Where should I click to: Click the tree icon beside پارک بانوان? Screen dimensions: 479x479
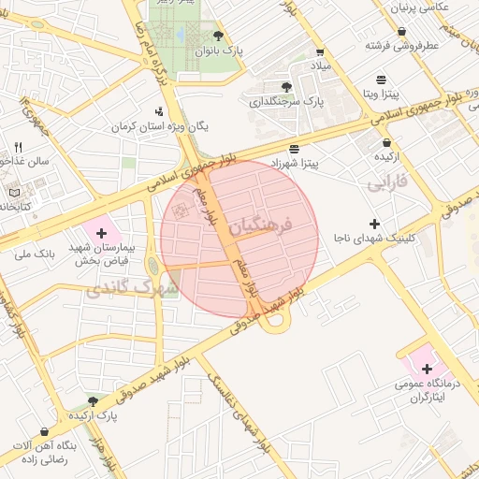pos(218,36)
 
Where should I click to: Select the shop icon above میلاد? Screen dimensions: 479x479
pos(321,52)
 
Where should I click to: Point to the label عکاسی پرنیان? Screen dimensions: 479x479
pos(437,7)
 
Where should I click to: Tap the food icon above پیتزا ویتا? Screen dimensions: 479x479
pos(381,80)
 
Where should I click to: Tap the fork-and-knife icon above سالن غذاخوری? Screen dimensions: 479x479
pos(18,147)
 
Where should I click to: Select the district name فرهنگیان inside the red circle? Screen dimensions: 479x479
pos(260,225)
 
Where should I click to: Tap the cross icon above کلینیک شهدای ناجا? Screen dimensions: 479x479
pos(375,224)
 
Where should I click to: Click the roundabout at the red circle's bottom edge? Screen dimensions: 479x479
pos(274,321)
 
